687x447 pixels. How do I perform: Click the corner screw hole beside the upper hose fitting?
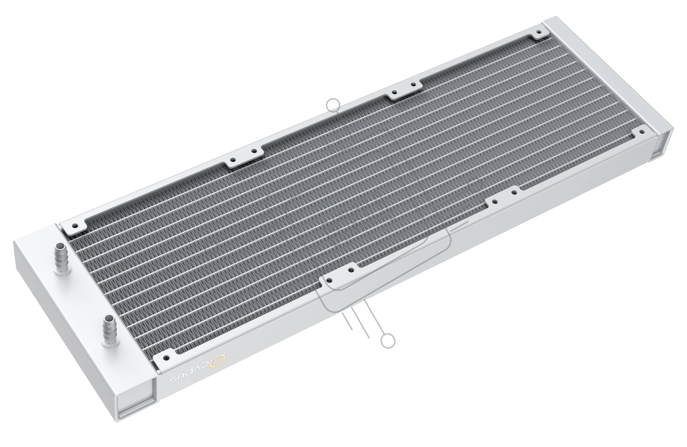pyautogui.click(x=74, y=226)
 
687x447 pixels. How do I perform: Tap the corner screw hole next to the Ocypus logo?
pyautogui.click(x=166, y=358)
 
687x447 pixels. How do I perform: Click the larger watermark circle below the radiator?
pyautogui.click(x=388, y=341)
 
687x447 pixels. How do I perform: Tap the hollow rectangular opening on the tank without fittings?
pyautogui.click(x=664, y=144)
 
